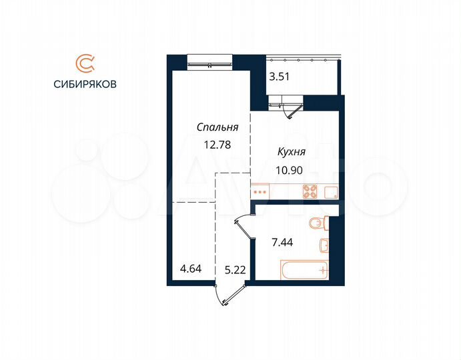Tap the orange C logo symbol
85,63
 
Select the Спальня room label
213,127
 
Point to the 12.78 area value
213,142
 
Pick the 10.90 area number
290,170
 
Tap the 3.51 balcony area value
279,77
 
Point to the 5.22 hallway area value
232,269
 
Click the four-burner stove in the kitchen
310,192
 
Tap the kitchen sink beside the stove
330,192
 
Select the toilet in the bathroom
318,221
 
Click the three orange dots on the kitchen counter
261,192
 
